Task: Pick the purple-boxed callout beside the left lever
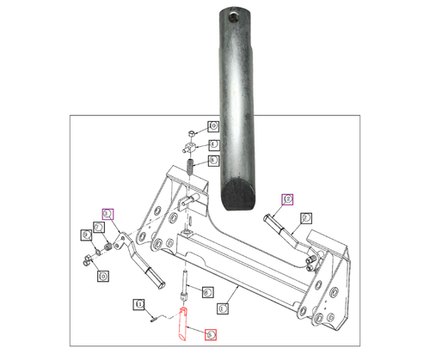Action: (x=107, y=213)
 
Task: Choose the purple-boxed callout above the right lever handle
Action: (x=287, y=199)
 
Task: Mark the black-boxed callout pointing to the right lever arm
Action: (x=306, y=218)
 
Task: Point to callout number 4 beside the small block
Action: (x=212, y=144)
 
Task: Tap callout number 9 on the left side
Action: (x=87, y=234)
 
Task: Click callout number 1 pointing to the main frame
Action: (x=223, y=302)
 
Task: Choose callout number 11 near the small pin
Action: (x=138, y=302)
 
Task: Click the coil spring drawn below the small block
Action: (x=190, y=165)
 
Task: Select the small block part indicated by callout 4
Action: (x=191, y=145)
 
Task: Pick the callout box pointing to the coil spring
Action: (x=212, y=161)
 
